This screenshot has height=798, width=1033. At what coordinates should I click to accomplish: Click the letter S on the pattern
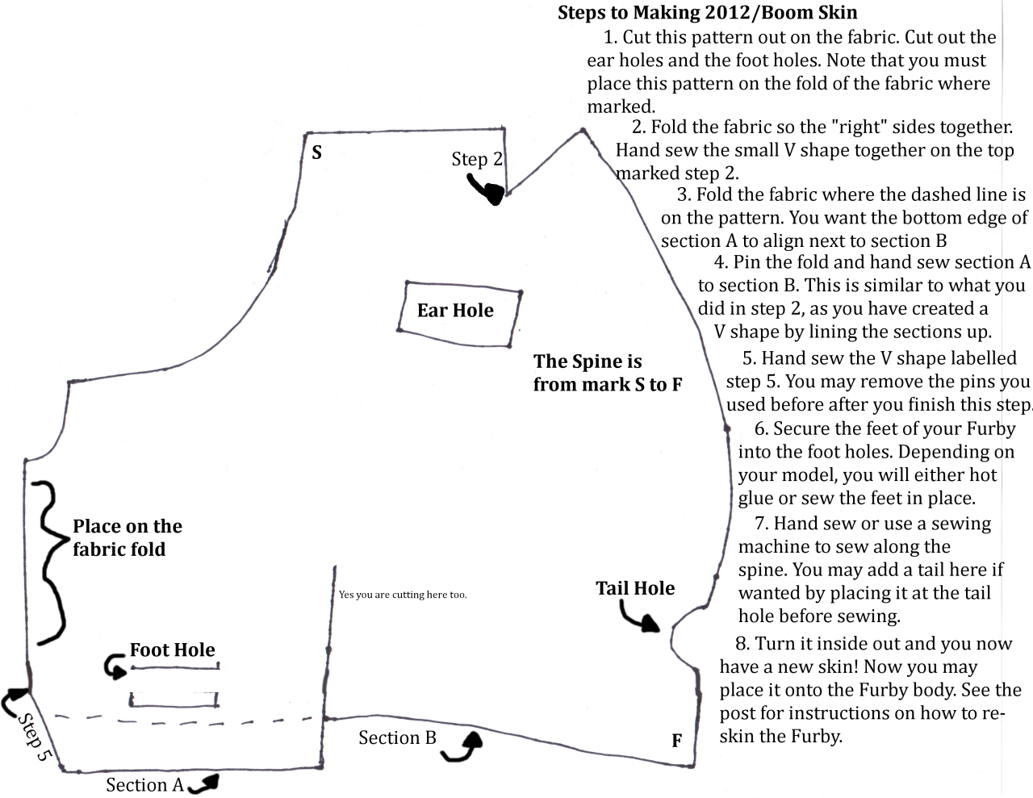316,152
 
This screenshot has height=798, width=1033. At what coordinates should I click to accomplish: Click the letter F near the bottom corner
676,740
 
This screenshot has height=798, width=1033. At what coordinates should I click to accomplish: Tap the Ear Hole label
455,311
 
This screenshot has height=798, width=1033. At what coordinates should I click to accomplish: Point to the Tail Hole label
635,588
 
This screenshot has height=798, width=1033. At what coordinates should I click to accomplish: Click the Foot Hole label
173,650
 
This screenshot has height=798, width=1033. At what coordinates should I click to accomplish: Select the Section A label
145,785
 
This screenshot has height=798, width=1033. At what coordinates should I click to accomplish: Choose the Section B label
397,737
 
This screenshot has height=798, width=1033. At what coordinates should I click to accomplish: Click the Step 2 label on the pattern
477,159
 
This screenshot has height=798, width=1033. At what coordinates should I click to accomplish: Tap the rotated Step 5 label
34,737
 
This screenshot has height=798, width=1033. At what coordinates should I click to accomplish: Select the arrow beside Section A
203,784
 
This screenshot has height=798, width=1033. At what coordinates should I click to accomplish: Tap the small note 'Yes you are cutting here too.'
403,595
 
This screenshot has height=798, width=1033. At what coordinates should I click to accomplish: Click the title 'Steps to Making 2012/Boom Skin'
708,13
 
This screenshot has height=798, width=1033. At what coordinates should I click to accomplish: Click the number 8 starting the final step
741,644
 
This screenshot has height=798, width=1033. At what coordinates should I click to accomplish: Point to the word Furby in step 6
991,428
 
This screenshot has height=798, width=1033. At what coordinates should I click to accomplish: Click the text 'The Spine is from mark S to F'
608,373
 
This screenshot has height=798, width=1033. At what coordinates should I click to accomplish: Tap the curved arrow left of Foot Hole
114,666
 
